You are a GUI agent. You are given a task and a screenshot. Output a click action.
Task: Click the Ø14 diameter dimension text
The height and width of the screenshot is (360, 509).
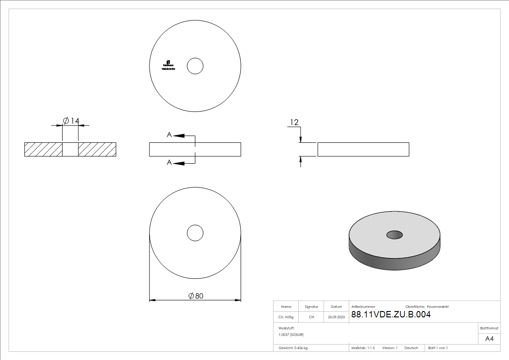click(x=71, y=121)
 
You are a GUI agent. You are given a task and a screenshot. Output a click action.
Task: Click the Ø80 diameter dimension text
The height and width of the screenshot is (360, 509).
click(x=196, y=296)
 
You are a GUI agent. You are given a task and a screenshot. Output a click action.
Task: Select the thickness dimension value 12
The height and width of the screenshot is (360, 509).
click(x=294, y=122)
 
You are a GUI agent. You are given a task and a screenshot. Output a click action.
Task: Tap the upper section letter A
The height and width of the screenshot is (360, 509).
click(x=169, y=135)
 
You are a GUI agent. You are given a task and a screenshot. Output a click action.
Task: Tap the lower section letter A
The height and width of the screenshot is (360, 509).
click(x=169, y=162)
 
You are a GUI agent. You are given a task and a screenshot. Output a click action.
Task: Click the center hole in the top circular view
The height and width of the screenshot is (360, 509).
click(x=195, y=66)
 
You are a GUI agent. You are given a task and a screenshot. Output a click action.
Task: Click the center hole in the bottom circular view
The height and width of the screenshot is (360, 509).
click(x=195, y=233)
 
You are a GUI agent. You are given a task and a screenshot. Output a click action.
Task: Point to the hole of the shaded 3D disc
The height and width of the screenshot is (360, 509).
click(x=394, y=235)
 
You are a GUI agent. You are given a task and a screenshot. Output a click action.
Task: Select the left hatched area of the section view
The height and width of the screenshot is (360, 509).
click(x=43, y=150)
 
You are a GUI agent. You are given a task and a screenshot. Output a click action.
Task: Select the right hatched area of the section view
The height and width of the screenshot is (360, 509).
click(x=97, y=150)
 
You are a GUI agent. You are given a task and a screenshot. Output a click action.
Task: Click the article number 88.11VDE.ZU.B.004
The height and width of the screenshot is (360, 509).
click(x=390, y=315)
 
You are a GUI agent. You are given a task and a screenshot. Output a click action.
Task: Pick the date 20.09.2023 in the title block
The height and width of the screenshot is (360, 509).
click(x=336, y=317)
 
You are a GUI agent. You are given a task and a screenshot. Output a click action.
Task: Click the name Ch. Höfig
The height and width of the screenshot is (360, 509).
click(x=286, y=317)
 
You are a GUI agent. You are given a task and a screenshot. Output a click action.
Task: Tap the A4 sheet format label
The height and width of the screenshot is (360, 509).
click(x=489, y=339)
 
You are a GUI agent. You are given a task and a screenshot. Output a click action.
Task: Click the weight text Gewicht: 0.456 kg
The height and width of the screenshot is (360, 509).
click(x=293, y=348)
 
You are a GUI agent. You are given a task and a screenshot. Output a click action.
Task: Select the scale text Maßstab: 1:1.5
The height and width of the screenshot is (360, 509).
click(x=363, y=348)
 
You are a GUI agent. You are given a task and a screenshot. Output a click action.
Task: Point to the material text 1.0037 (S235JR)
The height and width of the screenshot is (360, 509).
click(x=291, y=334)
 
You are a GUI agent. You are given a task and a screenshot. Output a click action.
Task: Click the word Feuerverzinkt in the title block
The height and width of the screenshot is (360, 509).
click(x=437, y=307)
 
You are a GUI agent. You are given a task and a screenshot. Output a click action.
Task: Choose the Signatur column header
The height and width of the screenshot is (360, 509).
click(x=311, y=307)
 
